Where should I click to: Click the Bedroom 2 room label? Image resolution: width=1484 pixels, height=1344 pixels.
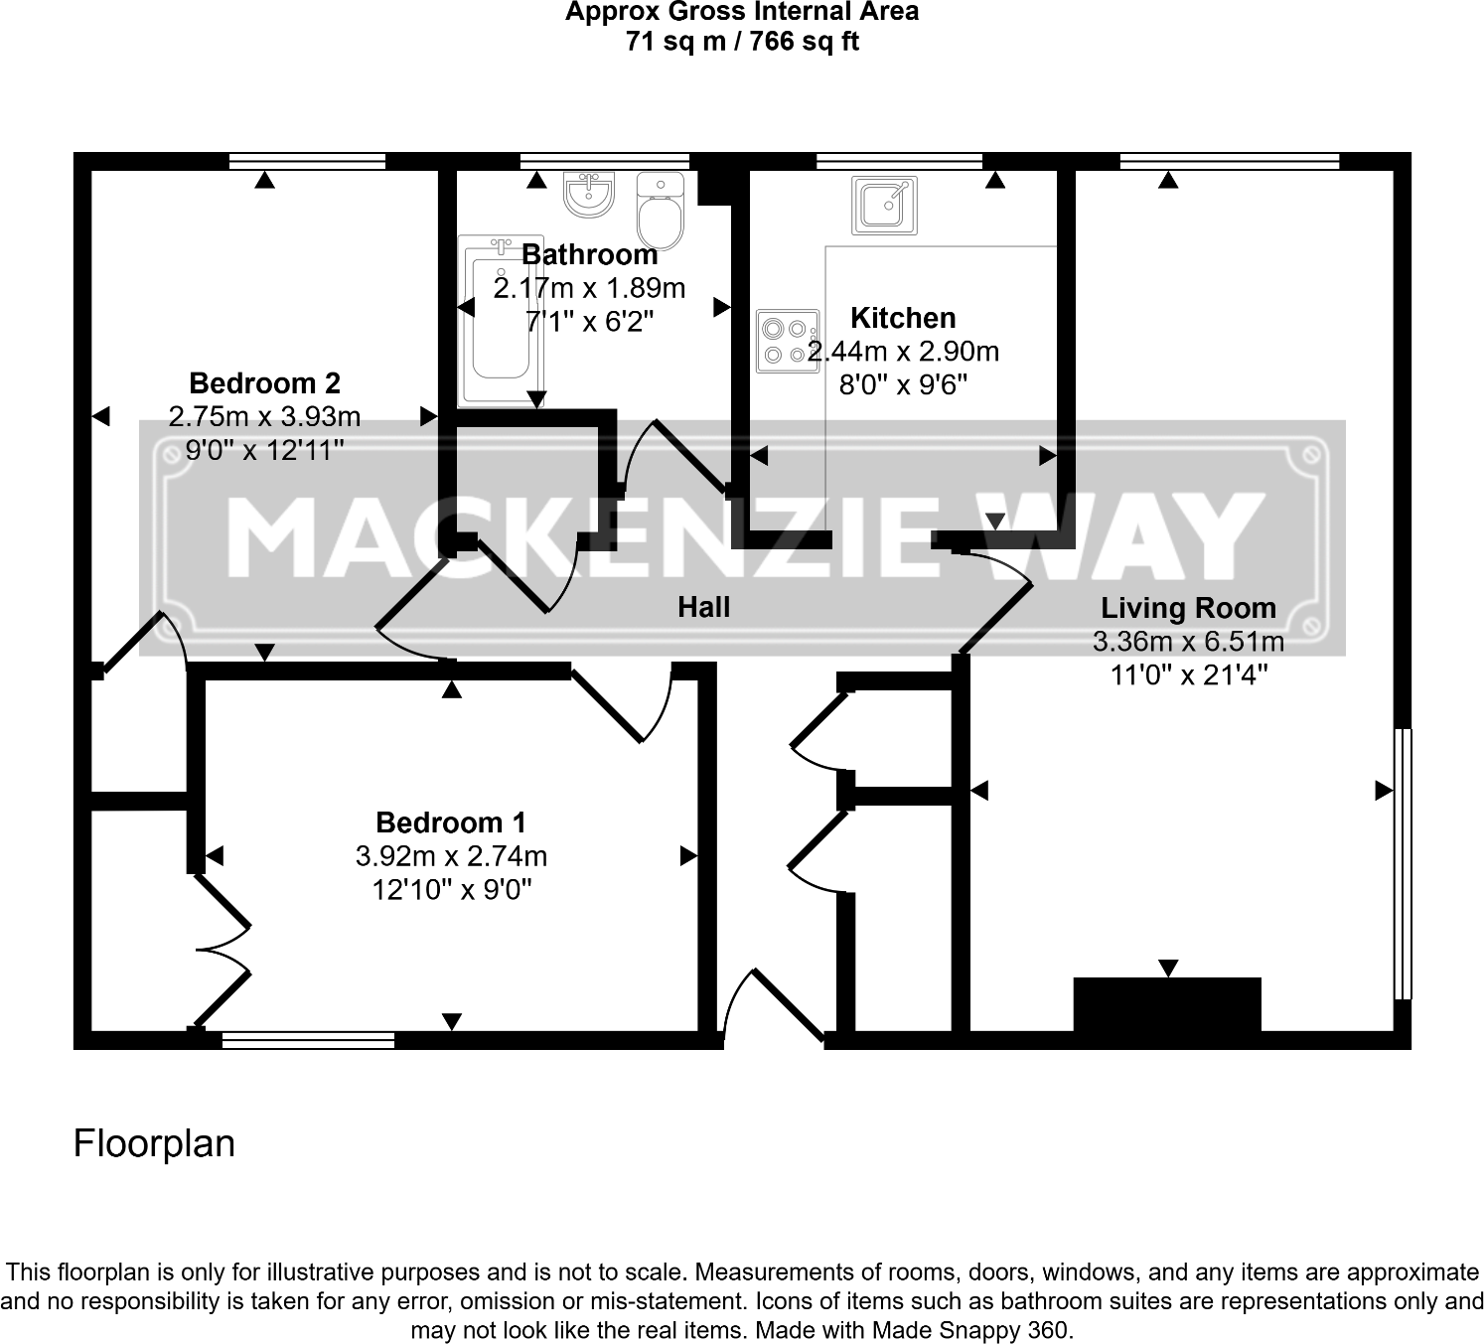click(x=264, y=383)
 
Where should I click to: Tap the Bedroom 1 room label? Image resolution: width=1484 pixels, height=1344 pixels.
click(x=451, y=822)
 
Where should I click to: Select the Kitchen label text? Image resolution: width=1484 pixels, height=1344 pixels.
click(x=903, y=318)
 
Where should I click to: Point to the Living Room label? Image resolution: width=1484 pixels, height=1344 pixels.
click(x=1188, y=608)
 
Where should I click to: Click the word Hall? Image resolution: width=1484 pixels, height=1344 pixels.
click(x=703, y=607)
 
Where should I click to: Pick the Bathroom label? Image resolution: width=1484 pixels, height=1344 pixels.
click(x=589, y=255)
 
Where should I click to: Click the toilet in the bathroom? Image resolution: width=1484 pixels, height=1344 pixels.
click(x=661, y=212)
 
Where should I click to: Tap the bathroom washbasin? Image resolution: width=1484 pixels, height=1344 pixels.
click(x=591, y=194)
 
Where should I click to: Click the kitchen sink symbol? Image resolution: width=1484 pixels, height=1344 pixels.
click(x=884, y=206)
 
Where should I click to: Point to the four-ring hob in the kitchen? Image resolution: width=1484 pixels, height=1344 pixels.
click(x=787, y=341)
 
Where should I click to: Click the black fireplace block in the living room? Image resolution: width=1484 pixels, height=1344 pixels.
click(x=1167, y=1005)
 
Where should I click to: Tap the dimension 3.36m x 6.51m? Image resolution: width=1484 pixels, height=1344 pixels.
click(x=1188, y=642)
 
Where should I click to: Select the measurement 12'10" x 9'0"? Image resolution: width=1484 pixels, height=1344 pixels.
click(x=451, y=889)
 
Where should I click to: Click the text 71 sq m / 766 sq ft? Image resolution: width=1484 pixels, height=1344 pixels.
click(x=742, y=42)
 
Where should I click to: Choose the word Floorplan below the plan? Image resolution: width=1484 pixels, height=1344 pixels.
click(x=154, y=1143)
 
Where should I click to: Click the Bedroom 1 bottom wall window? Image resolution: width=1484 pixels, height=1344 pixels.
click(x=308, y=1040)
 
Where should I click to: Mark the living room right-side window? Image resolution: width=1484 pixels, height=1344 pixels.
click(x=1402, y=863)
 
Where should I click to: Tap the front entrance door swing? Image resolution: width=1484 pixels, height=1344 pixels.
click(x=775, y=1008)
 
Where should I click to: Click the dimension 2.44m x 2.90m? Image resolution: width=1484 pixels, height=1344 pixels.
click(x=903, y=352)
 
